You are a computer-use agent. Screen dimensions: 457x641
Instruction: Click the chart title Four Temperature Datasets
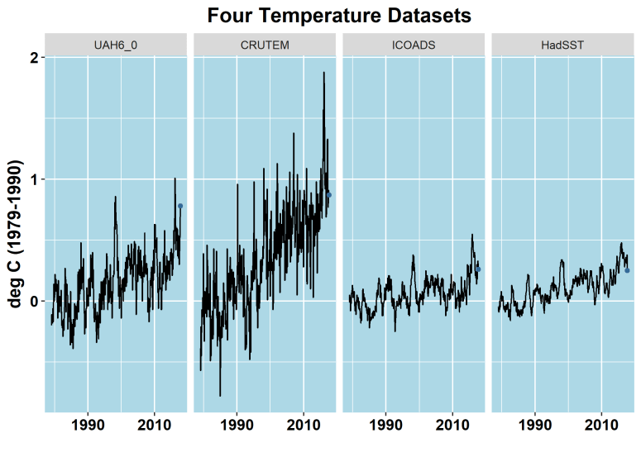(x=339, y=16)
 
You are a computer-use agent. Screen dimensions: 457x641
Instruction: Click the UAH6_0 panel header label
(x=116, y=45)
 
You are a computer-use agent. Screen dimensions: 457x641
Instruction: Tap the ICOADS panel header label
(x=414, y=45)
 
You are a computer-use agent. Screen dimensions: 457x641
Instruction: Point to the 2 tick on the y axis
(x=34, y=57)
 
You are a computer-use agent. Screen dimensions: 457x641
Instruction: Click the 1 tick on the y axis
(x=34, y=179)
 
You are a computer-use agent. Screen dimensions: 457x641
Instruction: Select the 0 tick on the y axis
(x=34, y=302)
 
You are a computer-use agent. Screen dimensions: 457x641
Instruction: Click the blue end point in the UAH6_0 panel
(x=180, y=206)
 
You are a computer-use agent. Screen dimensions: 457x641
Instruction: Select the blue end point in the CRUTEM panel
(x=329, y=195)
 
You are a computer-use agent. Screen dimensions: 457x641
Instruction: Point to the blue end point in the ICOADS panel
(x=478, y=269)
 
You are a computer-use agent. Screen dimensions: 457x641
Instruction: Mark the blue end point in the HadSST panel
(x=627, y=270)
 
